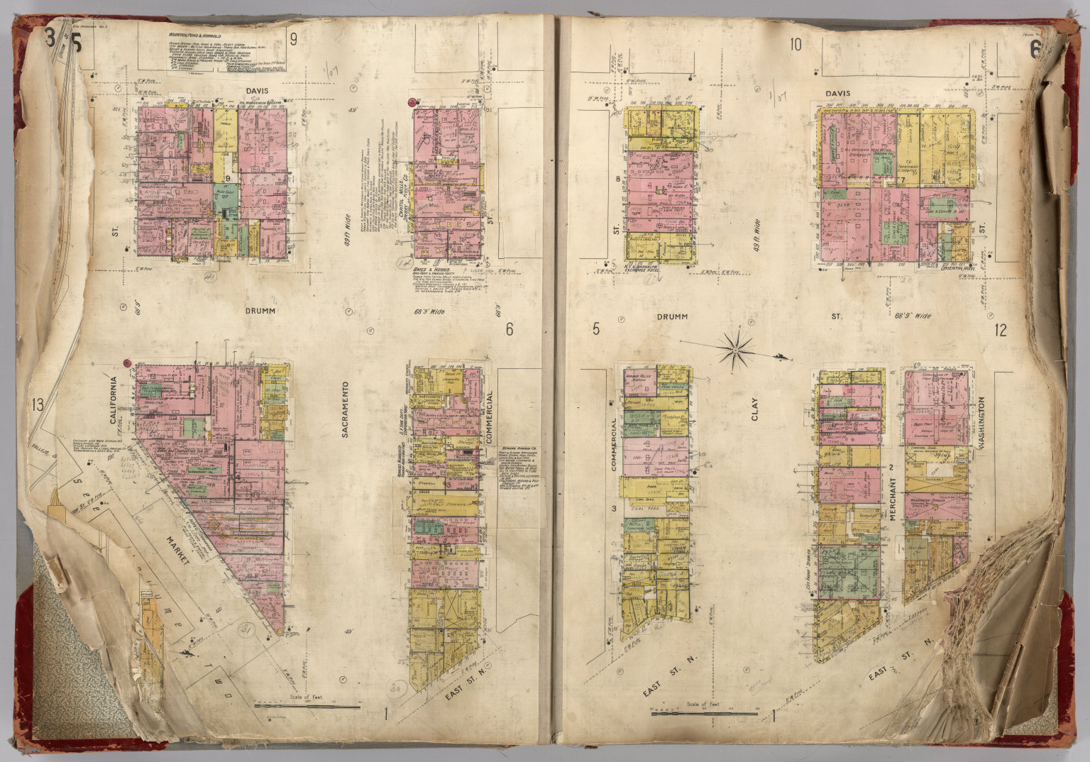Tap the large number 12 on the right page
point(1001,329)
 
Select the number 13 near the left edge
point(38,406)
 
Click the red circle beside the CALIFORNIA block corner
point(127,363)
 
